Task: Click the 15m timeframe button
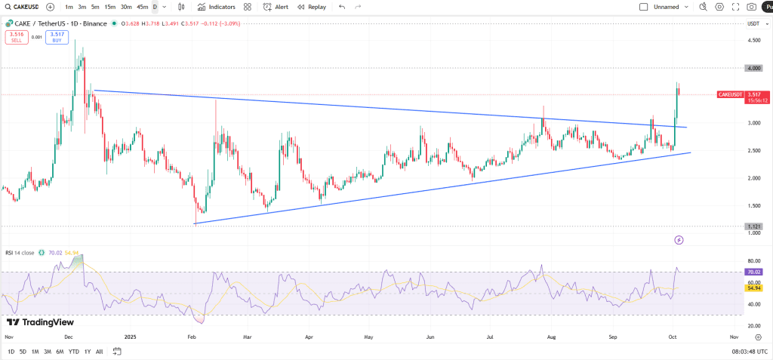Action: pyautogui.click(x=110, y=7)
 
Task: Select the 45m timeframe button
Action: pyautogui.click(x=142, y=7)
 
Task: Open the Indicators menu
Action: pyautogui.click(x=216, y=7)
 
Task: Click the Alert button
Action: pyautogui.click(x=276, y=7)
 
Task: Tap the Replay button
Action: pyautogui.click(x=312, y=7)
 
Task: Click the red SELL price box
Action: pyautogui.click(x=17, y=36)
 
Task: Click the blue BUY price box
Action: pyautogui.click(x=57, y=36)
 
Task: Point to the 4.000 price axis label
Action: pyautogui.click(x=753, y=68)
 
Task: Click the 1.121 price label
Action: pyautogui.click(x=753, y=226)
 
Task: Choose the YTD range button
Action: pyautogui.click(x=73, y=352)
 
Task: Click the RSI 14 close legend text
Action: pyautogui.click(x=20, y=253)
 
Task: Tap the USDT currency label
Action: pyautogui.click(x=753, y=24)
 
